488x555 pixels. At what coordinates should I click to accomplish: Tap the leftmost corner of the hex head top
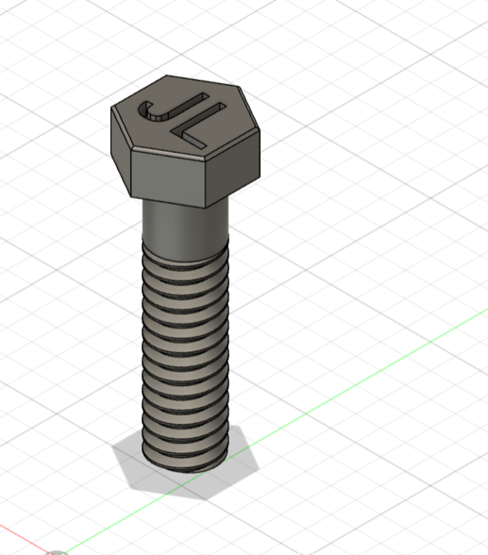coord(112,107)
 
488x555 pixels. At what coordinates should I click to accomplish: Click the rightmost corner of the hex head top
coord(260,132)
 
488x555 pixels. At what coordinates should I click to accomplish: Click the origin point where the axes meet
coord(57,552)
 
